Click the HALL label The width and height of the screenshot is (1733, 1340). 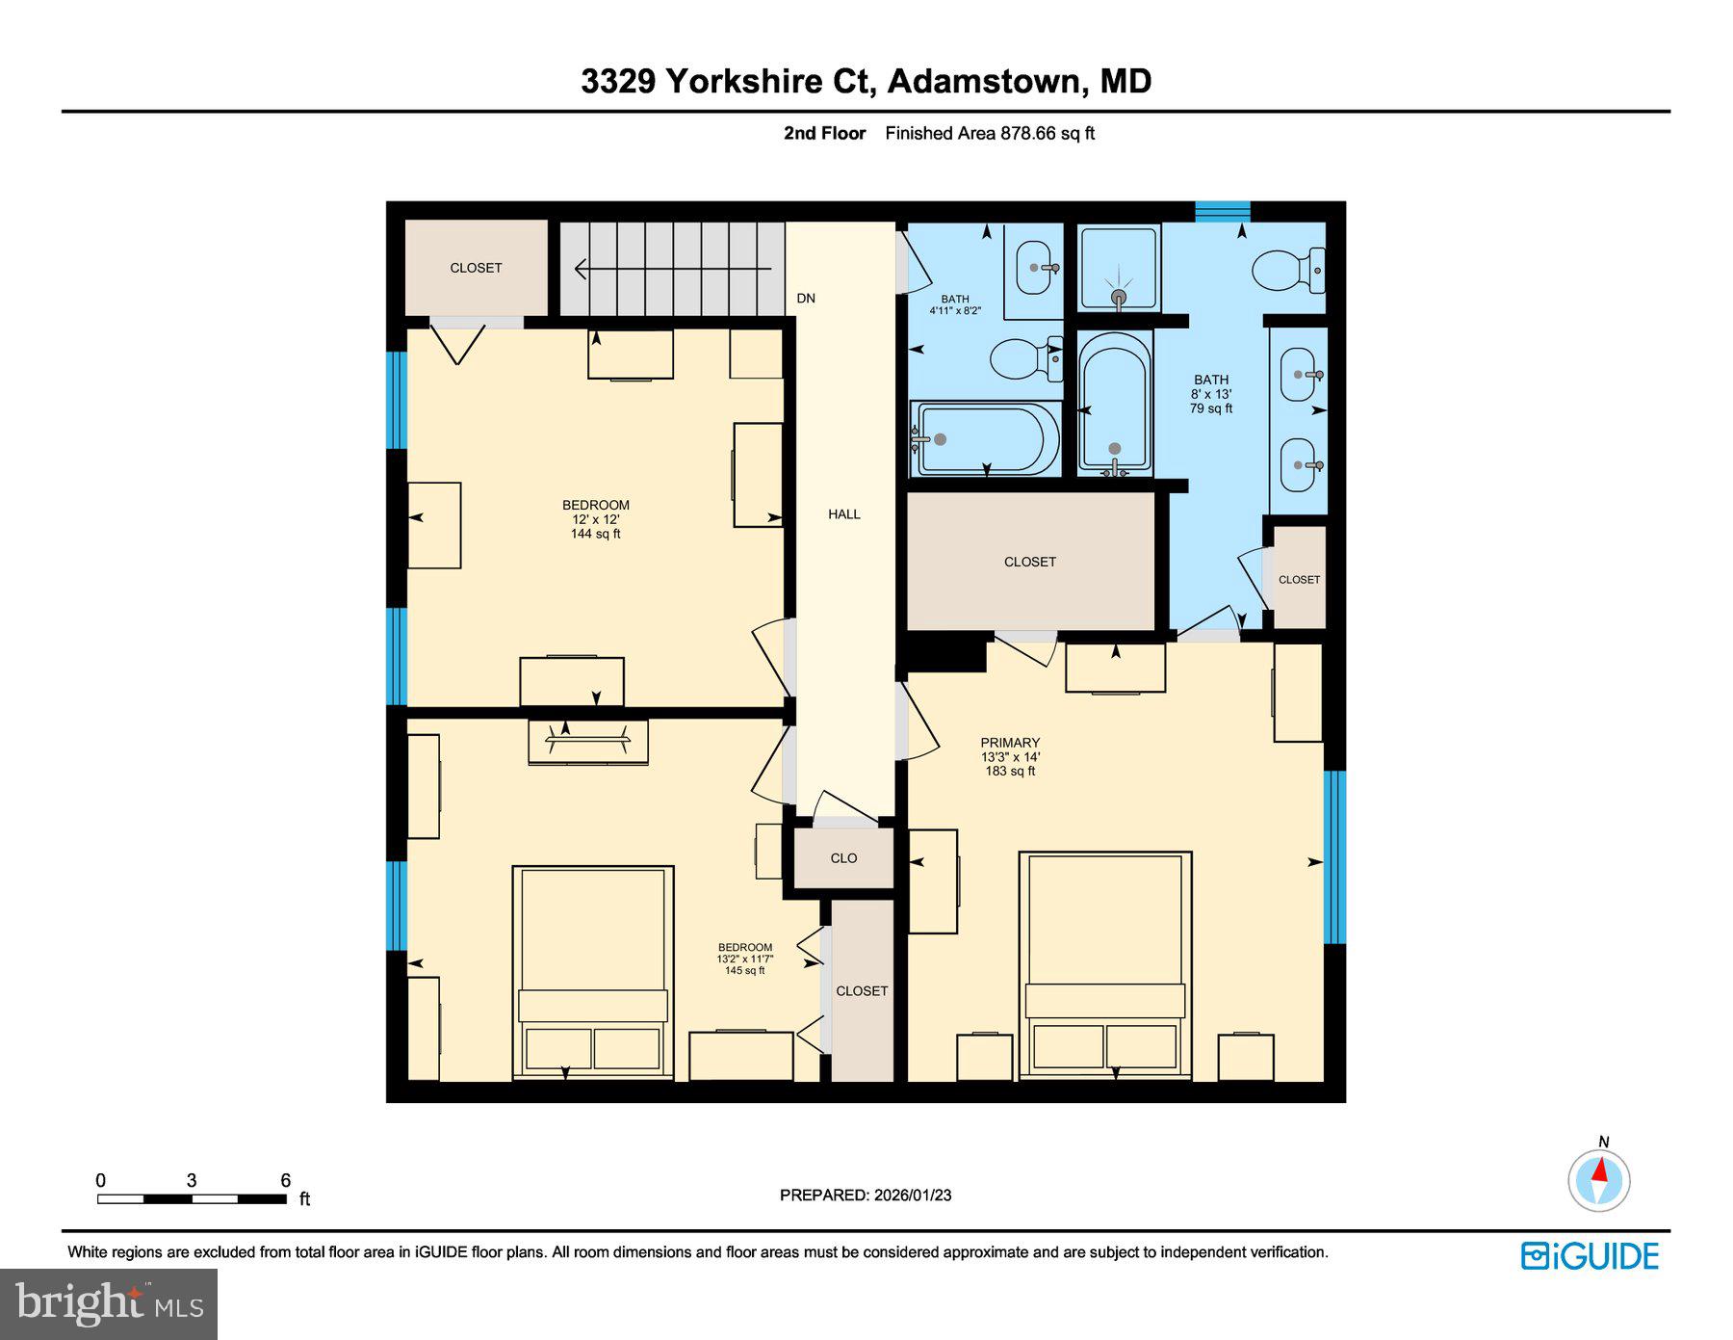click(x=843, y=514)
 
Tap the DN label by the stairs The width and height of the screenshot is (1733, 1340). click(x=806, y=299)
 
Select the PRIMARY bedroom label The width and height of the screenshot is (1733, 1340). click(x=1010, y=743)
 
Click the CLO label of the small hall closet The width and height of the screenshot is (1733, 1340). click(x=843, y=858)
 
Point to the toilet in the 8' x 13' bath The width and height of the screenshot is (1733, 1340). click(x=1288, y=269)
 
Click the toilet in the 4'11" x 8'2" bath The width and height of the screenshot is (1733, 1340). click(x=1023, y=359)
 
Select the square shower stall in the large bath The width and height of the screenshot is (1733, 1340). click(x=1118, y=268)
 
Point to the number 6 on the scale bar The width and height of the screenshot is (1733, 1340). click(x=285, y=1180)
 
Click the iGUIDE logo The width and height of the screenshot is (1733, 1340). click(x=1590, y=1256)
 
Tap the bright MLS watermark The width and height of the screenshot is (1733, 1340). click(x=109, y=1304)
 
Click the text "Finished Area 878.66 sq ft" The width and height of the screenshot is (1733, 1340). click(x=990, y=134)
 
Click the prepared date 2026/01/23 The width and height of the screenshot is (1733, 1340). click(x=912, y=1195)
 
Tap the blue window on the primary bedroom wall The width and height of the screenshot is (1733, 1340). click(x=1334, y=856)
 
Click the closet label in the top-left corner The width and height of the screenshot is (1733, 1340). click(x=476, y=268)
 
